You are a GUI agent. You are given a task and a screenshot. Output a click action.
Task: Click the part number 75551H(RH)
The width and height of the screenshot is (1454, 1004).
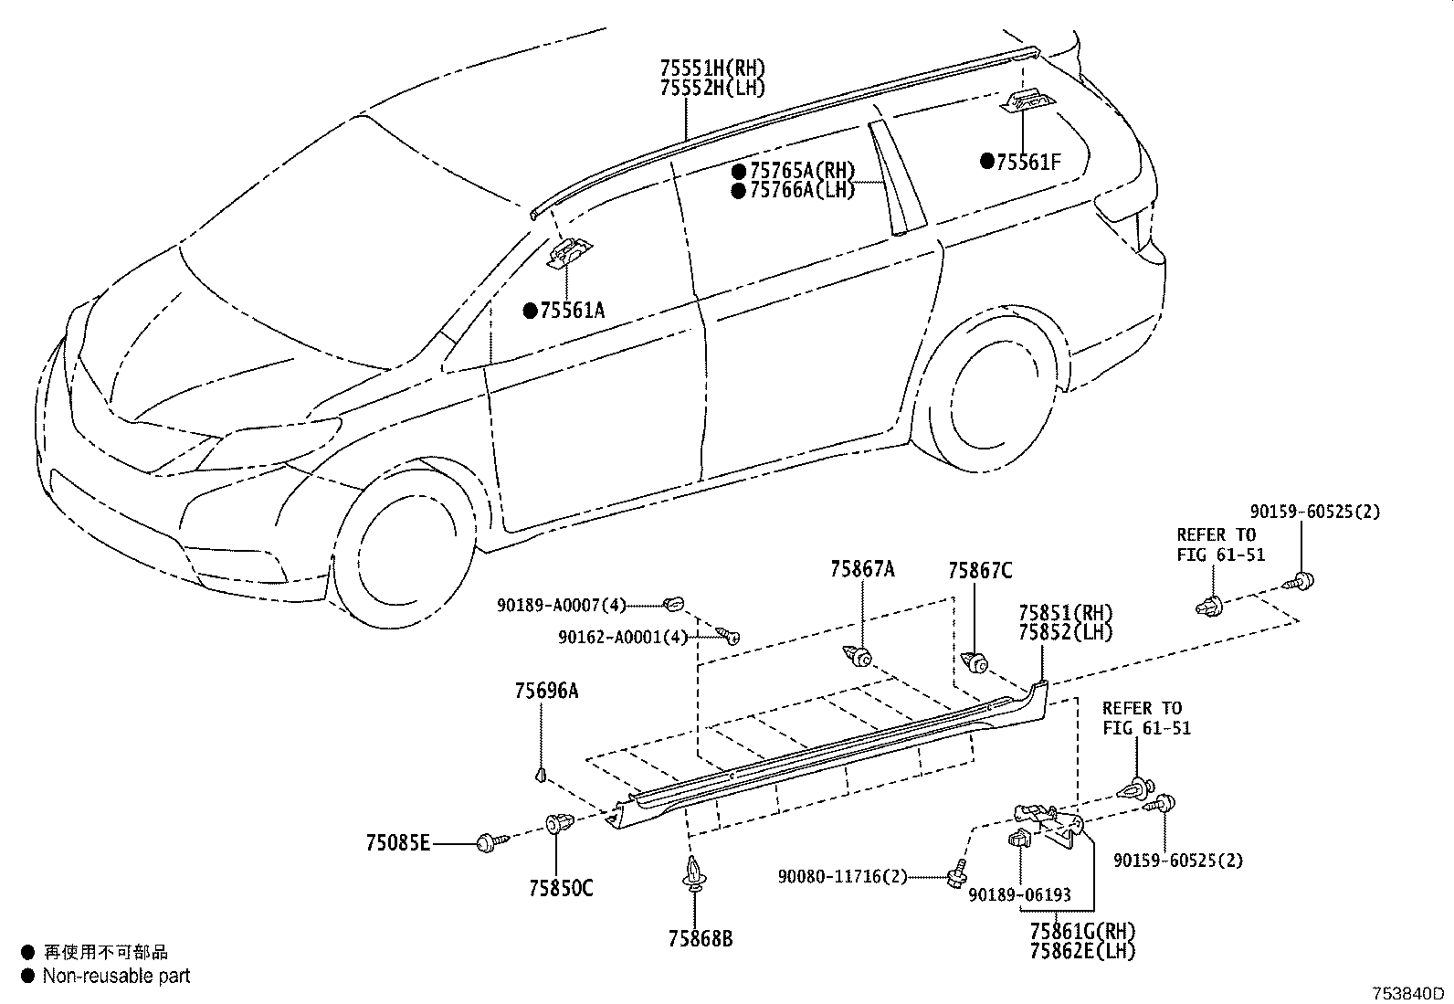pos(712,68)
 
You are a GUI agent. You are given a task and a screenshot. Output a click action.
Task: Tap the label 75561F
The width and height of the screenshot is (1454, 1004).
pos(1028,162)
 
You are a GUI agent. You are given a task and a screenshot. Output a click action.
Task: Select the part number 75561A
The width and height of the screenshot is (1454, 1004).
pos(572,311)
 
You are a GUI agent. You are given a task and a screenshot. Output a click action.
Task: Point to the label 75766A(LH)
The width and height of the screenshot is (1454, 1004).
pos(802,190)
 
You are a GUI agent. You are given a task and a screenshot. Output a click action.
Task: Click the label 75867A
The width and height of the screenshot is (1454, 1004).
pos(862,569)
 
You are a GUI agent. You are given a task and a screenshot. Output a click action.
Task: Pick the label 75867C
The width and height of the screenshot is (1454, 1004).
pos(979,571)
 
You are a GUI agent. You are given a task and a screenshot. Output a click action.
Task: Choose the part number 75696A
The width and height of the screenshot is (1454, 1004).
pos(546,691)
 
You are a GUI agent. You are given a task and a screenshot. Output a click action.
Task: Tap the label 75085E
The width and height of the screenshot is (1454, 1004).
pos(398,843)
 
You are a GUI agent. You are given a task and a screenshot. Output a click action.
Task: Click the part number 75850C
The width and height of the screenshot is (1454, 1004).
pos(561,888)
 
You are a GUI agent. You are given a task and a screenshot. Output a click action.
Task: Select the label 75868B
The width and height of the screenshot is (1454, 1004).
pos(701,938)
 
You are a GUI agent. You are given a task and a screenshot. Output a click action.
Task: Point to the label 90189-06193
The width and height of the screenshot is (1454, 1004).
pos(1020,895)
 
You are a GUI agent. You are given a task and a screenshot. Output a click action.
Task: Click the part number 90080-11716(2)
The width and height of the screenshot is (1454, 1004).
pos(843,877)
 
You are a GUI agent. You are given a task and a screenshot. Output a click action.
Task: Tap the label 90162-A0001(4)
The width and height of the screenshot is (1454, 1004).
pos(623,637)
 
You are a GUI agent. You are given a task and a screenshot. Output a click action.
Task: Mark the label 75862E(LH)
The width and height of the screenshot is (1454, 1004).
pos(1082,951)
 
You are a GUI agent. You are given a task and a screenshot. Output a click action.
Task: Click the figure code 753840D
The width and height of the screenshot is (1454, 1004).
pos(1408,994)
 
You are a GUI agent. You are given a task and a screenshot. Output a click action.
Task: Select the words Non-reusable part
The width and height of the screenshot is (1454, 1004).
pos(116,976)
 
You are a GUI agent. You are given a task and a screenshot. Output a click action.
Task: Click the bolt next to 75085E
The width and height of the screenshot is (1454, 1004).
pos(492,842)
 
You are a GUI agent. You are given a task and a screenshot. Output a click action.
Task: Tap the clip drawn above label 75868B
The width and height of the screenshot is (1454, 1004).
pos(694,872)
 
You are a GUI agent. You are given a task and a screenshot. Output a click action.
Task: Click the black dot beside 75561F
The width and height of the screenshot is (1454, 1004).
pos(987,161)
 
